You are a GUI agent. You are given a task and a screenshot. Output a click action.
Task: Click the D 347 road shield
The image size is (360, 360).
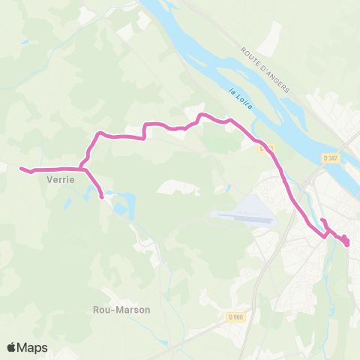[x=331, y=158]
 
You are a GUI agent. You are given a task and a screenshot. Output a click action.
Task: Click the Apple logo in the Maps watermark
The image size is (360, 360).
[x=11, y=347]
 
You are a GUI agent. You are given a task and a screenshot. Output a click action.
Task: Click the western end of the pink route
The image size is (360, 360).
[x=20, y=168]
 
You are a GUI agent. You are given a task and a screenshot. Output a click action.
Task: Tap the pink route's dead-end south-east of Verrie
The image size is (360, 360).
[x=102, y=198]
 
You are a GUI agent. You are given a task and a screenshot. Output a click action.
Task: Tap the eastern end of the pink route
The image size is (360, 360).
[x=347, y=242]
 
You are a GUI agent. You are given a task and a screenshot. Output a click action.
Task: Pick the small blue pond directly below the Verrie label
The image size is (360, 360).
[x=70, y=201]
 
